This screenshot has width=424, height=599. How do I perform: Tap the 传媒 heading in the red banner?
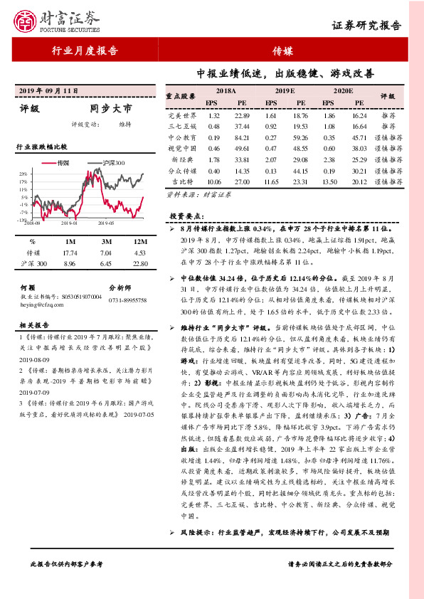[x=282, y=51]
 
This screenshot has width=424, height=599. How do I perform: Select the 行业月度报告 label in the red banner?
[x=85, y=51]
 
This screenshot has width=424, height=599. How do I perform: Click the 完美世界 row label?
[x=181, y=115]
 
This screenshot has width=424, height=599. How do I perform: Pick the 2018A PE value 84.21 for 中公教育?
[x=242, y=137]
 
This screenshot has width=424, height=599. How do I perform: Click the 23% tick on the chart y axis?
[x=23, y=174]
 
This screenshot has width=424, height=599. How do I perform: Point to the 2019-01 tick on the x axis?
[x=68, y=223]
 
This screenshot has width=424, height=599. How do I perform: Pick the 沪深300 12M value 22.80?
[x=139, y=264]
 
